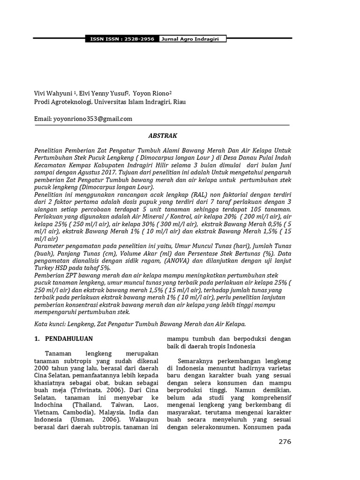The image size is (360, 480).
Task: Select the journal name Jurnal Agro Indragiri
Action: (x=193, y=39)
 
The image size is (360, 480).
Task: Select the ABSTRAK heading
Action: (x=163, y=135)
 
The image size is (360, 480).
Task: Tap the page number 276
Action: (x=285, y=442)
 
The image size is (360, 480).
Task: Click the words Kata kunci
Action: (x=50, y=324)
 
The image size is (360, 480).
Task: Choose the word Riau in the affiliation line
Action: (x=180, y=102)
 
